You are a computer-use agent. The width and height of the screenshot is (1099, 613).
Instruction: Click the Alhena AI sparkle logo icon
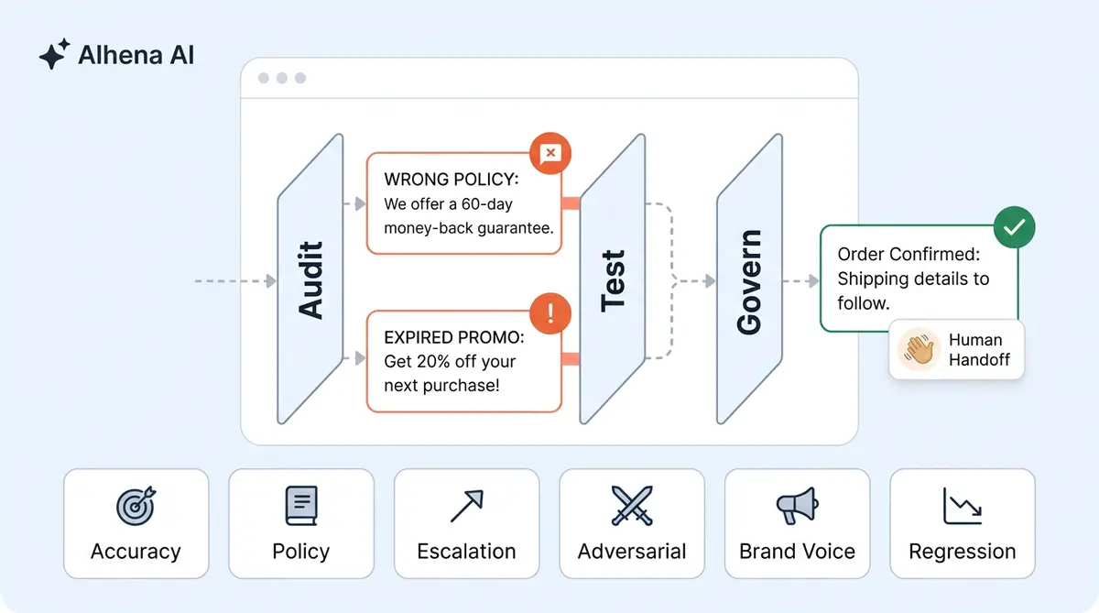pyautogui.click(x=54, y=55)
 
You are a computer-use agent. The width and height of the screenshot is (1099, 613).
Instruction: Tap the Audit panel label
pyautogui.click(x=311, y=280)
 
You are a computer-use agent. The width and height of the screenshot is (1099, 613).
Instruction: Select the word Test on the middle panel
pyautogui.click(x=613, y=280)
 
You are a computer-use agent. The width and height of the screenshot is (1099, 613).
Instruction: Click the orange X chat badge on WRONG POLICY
pyautogui.click(x=550, y=153)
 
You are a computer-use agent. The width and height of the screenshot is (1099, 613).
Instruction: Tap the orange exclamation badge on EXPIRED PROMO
pyautogui.click(x=550, y=313)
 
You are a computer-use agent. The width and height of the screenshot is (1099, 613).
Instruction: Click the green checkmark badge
pyautogui.click(x=1014, y=227)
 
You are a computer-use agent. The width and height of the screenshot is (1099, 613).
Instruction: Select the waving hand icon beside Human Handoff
pyautogui.click(x=919, y=349)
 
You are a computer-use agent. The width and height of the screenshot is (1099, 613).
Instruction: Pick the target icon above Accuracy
pyautogui.click(x=136, y=506)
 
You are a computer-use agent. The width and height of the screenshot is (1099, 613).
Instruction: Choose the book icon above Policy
pyautogui.click(x=301, y=506)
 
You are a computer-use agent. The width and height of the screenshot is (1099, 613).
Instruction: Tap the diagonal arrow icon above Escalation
pyautogui.click(x=466, y=506)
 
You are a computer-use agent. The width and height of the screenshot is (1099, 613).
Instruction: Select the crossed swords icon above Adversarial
pyautogui.click(x=632, y=506)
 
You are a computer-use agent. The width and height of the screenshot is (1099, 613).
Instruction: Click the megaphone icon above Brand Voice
pyautogui.click(x=797, y=506)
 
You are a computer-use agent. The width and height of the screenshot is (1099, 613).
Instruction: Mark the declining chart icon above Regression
pyautogui.click(x=962, y=506)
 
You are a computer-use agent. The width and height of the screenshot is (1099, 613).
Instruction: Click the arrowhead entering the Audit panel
pyautogui.click(x=271, y=281)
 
